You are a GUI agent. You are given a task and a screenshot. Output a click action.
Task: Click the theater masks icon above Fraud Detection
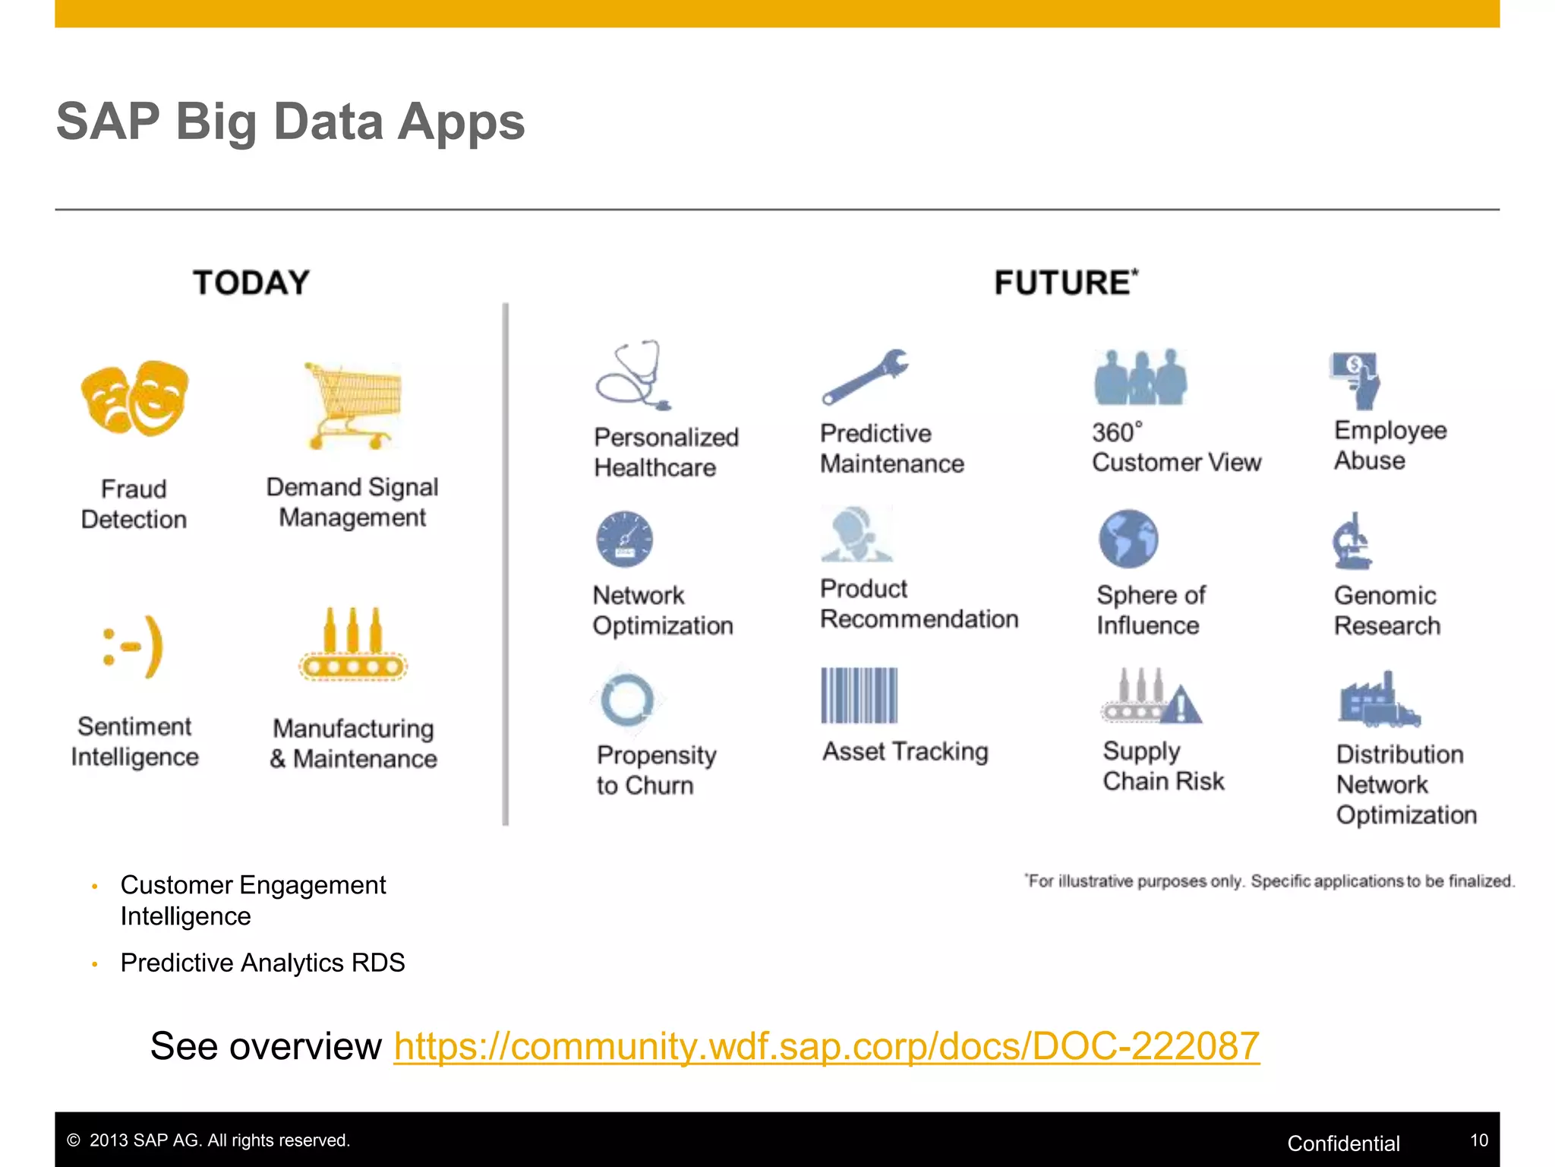click(x=134, y=397)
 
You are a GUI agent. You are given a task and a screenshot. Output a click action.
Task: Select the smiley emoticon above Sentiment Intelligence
click(x=134, y=647)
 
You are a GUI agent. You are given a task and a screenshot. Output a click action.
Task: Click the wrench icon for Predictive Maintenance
click(x=866, y=377)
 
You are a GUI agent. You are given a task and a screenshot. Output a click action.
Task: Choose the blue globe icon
click(x=1128, y=539)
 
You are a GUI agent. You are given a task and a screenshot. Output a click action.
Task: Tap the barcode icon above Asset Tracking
click(x=859, y=695)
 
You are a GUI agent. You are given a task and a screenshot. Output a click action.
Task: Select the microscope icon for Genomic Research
click(x=1352, y=541)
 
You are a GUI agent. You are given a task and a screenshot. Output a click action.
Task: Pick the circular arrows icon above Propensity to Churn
click(x=627, y=700)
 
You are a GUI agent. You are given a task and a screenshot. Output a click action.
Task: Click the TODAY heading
click(x=251, y=283)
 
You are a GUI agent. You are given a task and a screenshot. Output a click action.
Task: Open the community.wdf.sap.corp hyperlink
click(x=826, y=1046)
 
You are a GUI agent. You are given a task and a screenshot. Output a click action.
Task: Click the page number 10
click(x=1478, y=1140)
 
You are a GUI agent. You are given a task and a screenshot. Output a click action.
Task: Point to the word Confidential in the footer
click(x=1343, y=1143)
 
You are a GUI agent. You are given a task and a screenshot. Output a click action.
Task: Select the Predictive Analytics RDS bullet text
click(x=263, y=963)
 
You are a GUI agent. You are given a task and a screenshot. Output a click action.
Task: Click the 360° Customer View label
click(x=1175, y=448)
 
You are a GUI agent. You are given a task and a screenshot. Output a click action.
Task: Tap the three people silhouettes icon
click(x=1140, y=378)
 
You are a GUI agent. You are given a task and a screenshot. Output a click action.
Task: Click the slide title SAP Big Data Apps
click(x=290, y=122)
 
